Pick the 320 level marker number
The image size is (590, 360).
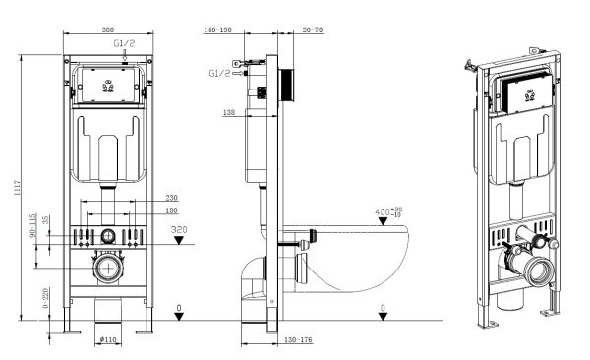click(x=178, y=230)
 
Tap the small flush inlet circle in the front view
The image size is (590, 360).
click(x=107, y=236)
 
